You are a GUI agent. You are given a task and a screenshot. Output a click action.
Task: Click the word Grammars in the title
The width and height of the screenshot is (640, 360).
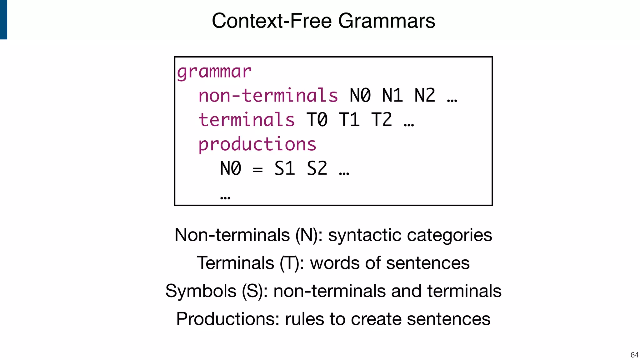point(387,21)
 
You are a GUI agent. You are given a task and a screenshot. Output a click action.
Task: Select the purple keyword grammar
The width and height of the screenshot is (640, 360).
point(214,72)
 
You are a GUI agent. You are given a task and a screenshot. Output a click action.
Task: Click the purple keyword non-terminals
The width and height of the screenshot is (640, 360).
point(268,96)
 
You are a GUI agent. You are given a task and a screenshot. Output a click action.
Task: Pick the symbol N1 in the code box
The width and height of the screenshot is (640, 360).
point(392,96)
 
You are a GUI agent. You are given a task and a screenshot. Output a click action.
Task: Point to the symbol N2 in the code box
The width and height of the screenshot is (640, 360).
point(425,96)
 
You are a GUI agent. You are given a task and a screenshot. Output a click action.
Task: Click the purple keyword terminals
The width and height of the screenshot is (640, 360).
point(247,120)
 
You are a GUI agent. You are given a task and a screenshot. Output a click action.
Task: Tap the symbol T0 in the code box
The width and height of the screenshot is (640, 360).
point(317,120)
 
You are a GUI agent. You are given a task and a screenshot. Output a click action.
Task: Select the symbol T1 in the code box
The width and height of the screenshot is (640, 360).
point(349,120)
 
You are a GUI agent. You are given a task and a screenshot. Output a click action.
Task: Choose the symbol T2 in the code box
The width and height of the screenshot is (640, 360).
point(382,120)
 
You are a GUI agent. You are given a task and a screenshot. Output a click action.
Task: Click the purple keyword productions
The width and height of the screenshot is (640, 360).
point(257,144)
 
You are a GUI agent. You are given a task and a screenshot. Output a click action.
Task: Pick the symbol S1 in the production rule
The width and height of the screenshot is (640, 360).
point(285,169)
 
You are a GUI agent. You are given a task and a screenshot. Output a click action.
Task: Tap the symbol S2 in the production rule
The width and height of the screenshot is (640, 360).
point(317,169)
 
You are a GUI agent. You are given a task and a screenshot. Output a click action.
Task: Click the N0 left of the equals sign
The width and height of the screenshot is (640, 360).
point(231,169)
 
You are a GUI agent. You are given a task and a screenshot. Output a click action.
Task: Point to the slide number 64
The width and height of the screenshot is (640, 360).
point(634,355)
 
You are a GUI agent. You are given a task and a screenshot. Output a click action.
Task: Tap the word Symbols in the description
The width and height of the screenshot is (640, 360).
point(201,291)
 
